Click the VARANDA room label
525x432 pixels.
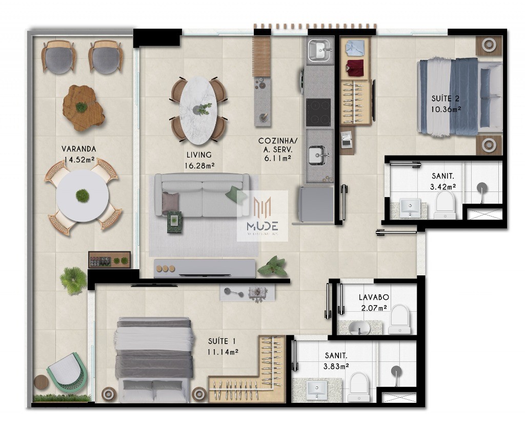[x=79, y=149]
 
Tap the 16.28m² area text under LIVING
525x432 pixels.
[x=199, y=165]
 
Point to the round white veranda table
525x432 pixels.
[x=83, y=196]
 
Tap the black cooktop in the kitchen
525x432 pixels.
[x=318, y=113]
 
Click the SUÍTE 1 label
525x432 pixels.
[x=223, y=341]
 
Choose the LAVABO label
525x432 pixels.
[x=374, y=297]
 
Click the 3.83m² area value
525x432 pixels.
[x=336, y=366]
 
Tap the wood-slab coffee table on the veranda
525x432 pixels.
[x=83, y=107]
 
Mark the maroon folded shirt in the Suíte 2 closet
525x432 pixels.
[x=354, y=67]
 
